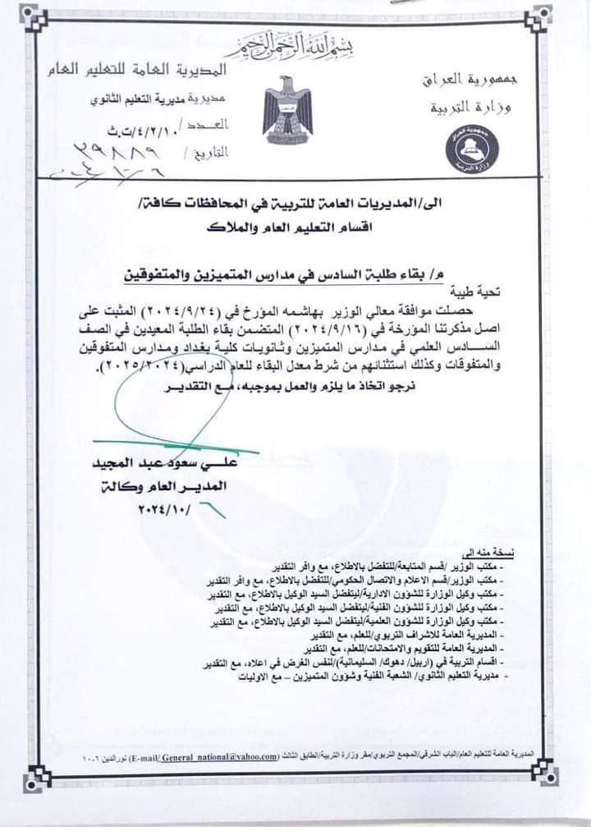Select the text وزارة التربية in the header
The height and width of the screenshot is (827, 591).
point(465,108)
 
